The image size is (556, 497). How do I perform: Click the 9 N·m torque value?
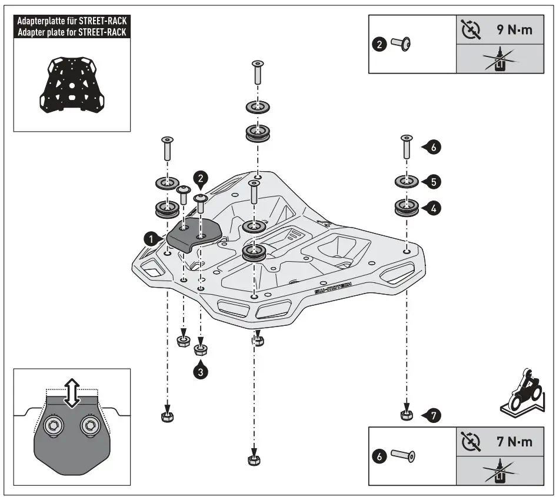click(512, 30)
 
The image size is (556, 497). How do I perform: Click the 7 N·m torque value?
click(512, 442)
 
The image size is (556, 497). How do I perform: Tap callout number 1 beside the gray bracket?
click(152, 238)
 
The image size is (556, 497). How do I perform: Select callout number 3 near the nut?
click(201, 372)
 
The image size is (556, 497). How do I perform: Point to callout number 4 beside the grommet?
click(432, 208)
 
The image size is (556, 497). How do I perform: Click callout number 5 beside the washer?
click(432, 182)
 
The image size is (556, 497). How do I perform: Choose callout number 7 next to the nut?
click(432, 416)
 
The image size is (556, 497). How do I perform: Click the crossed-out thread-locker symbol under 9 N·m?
click(500, 60)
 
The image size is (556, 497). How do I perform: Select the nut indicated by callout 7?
click(405, 416)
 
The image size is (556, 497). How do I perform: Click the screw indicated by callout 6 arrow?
click(405, 146)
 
